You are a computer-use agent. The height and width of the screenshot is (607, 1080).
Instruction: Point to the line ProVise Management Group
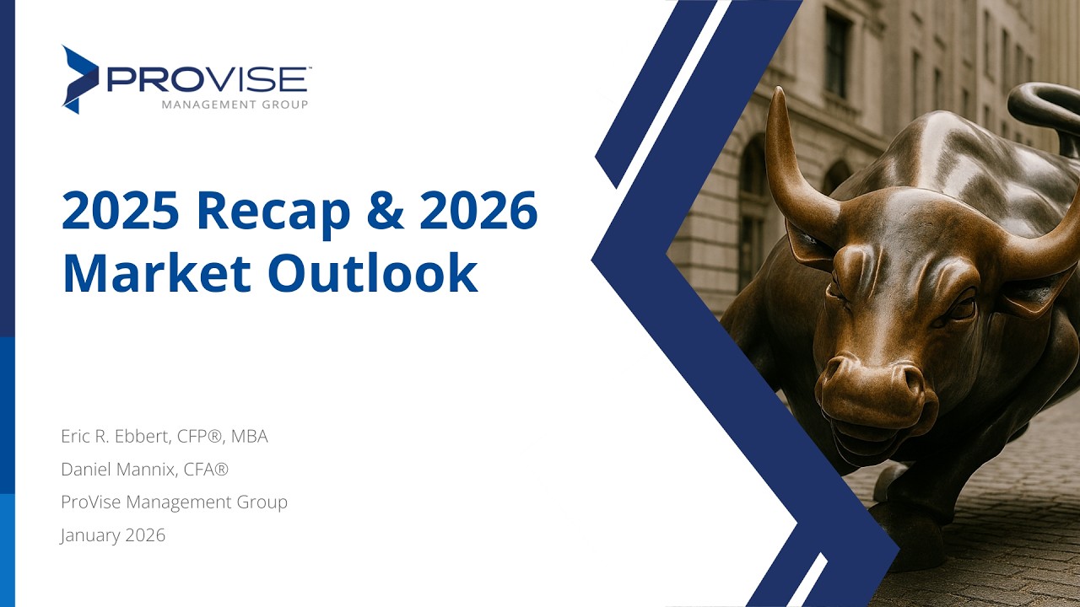coord(174,502)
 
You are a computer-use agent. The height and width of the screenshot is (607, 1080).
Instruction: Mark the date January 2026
coord(113,535)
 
